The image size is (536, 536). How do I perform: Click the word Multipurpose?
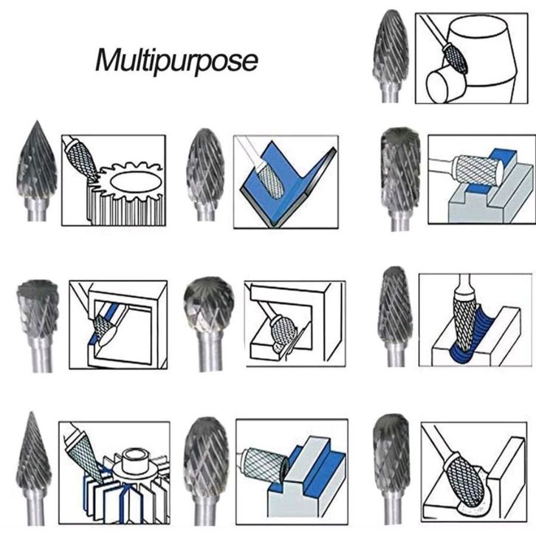[177, 60]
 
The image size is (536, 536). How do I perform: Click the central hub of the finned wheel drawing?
[136, 462]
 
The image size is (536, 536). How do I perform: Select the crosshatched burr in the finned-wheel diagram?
[80, 450]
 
